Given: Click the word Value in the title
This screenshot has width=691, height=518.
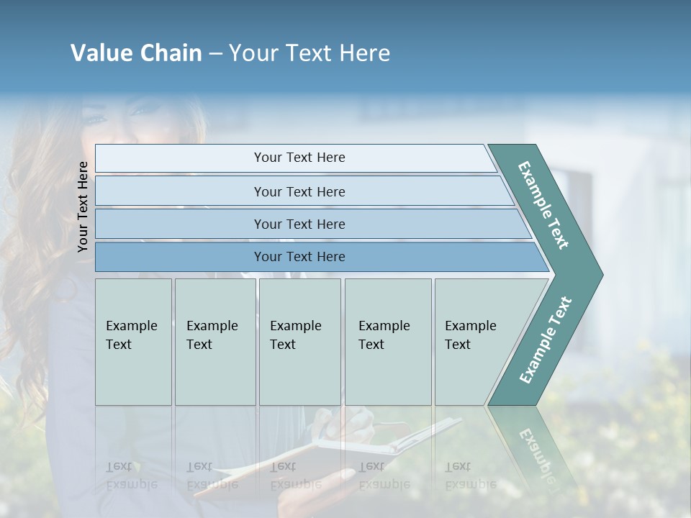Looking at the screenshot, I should click(x=100, y=53).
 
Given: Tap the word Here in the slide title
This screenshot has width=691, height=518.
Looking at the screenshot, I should click(x=363, y=53).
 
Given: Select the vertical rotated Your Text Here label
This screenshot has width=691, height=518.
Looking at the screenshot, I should click(x=83, y=206).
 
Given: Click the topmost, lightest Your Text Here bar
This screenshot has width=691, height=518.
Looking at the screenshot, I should click(x=299, y=158).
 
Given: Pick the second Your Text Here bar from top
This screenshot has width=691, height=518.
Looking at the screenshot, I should click(x=299, y=191).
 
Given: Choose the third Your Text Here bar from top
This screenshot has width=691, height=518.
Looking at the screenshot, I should click(x=299, y=224).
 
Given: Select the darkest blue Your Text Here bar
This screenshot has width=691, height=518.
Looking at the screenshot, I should click(x=299, y=257).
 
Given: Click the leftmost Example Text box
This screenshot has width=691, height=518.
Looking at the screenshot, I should click(x=133, y=342).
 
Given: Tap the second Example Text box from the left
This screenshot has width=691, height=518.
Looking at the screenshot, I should click(x=214, y=342).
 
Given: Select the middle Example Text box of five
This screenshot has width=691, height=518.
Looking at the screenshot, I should click(x=299, y=342).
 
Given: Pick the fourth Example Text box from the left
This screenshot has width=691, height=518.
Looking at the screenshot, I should click(x=387, y=342).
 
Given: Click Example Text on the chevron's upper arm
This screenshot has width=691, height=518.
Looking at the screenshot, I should click(x=544, y=205).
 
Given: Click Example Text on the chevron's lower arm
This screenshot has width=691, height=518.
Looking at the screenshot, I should click(x=546, y=340).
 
